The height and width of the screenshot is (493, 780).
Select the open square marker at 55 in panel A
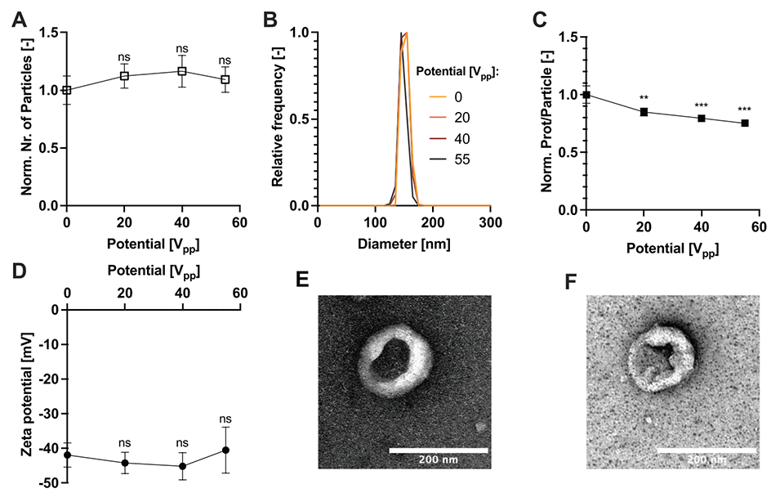click(x=225, y=79)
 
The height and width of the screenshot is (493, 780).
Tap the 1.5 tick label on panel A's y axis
click(x=47, y=33)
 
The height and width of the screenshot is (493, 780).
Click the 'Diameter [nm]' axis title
click(x=403, y=244)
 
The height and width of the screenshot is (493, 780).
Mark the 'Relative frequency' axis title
click(x=279, y=119)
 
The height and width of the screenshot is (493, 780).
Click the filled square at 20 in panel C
click(x=644, y=112)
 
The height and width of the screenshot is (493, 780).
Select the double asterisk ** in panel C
click(x=644, y=98)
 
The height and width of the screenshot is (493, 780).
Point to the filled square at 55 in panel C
click(x=745, y=123)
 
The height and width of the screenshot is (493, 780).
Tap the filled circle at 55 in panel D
click(x=225, y=450)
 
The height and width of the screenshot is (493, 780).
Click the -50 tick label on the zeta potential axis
click(x=45, y=484)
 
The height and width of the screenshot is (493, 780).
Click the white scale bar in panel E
click(x=438, y=450)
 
